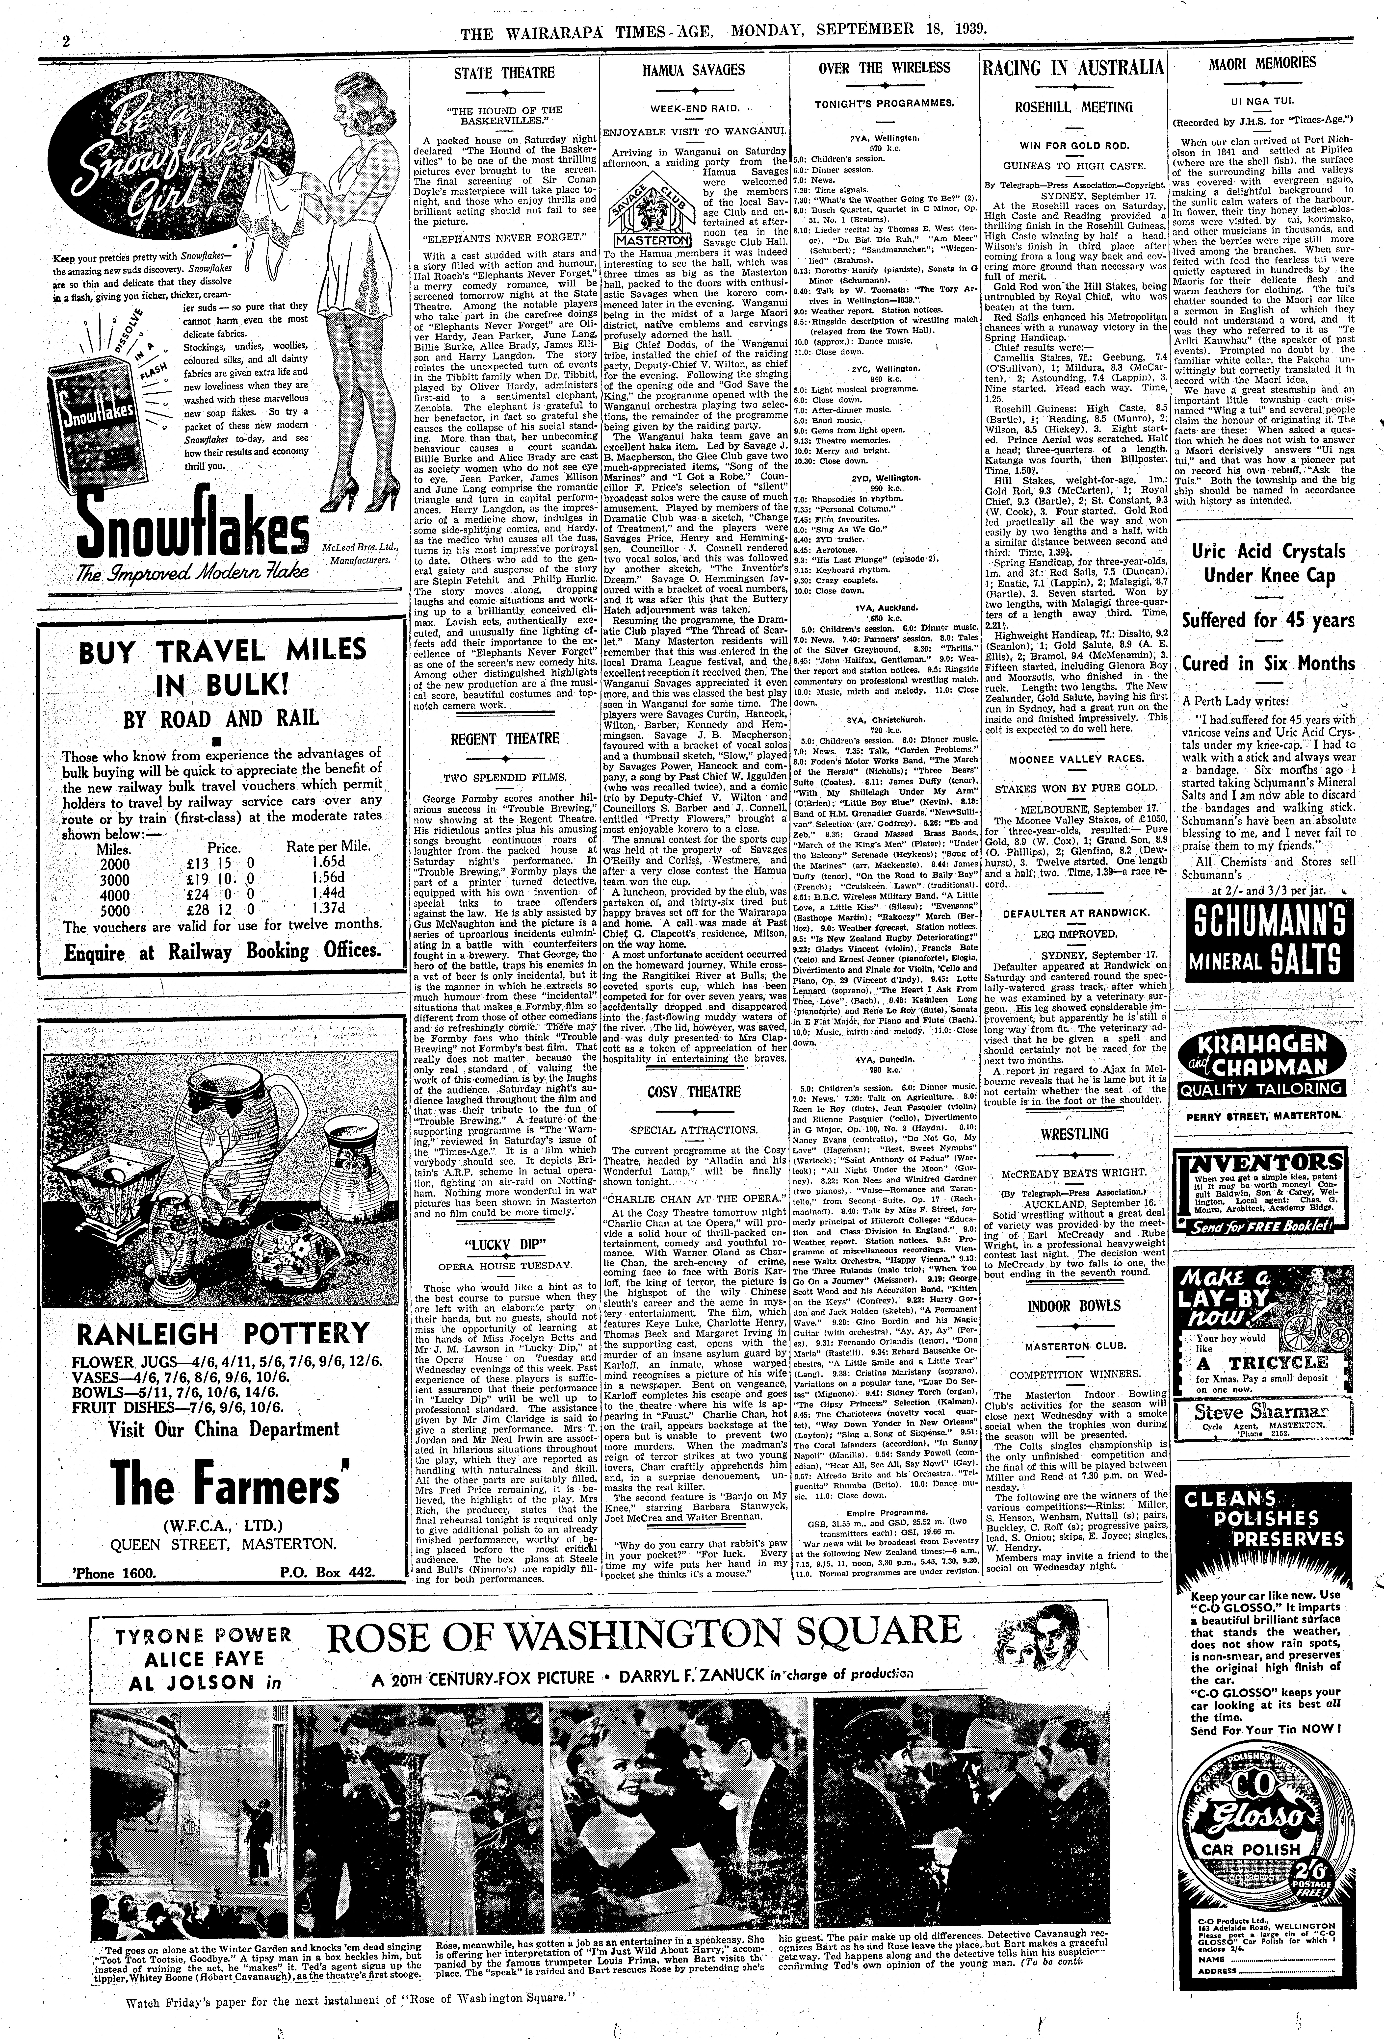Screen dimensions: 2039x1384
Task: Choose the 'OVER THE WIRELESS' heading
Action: pos(884,68)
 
